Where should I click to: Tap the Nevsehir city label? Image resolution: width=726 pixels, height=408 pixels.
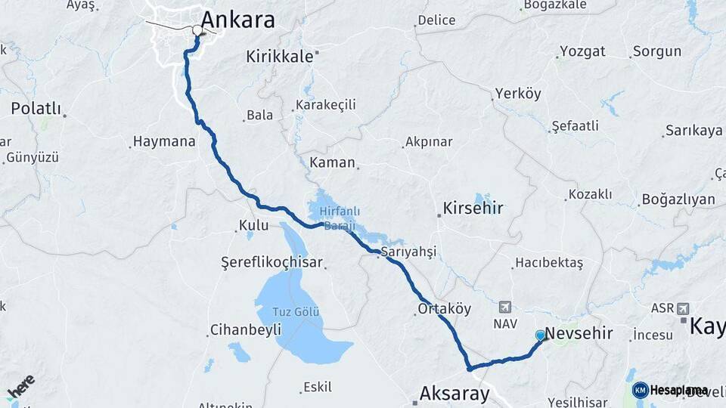(x=579, y=333)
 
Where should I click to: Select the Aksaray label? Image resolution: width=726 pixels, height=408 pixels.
(x=455, y=394)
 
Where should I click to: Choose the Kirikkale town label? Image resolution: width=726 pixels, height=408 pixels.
(x=280, y=56)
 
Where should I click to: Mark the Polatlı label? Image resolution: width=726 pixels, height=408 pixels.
(x=36, y=108)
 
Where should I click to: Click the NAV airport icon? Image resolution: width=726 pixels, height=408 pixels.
(x=505, y=307)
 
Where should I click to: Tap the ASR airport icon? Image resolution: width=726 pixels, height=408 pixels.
(x=684, y=308)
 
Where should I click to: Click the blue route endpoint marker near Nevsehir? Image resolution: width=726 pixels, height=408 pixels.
(x=540, y=335)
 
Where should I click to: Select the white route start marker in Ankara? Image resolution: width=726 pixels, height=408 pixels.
(x=197, y=31)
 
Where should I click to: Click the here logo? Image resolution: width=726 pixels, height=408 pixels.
(x=20, y=386)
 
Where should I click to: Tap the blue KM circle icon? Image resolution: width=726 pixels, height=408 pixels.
(x=641, y=390)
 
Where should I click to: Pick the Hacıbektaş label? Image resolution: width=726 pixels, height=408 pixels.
(x=548, y=263)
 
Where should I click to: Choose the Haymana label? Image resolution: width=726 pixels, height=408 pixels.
(x=164, y=141)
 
